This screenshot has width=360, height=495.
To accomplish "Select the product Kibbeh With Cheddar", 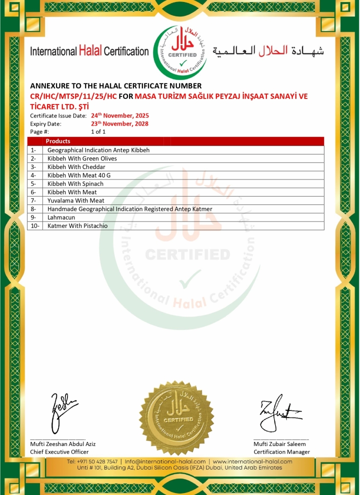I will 76,166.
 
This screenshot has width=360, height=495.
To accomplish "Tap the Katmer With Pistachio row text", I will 77,226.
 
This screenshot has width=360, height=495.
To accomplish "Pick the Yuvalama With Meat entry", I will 75,200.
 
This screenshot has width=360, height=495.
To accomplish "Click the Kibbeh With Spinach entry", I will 75,183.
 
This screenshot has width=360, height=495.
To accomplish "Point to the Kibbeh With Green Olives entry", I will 82,158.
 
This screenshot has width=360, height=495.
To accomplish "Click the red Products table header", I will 58,141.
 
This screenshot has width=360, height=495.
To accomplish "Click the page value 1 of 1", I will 98,131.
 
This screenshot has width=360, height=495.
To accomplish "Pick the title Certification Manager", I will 281,452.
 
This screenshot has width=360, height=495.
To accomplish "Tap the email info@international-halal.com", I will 165,461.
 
